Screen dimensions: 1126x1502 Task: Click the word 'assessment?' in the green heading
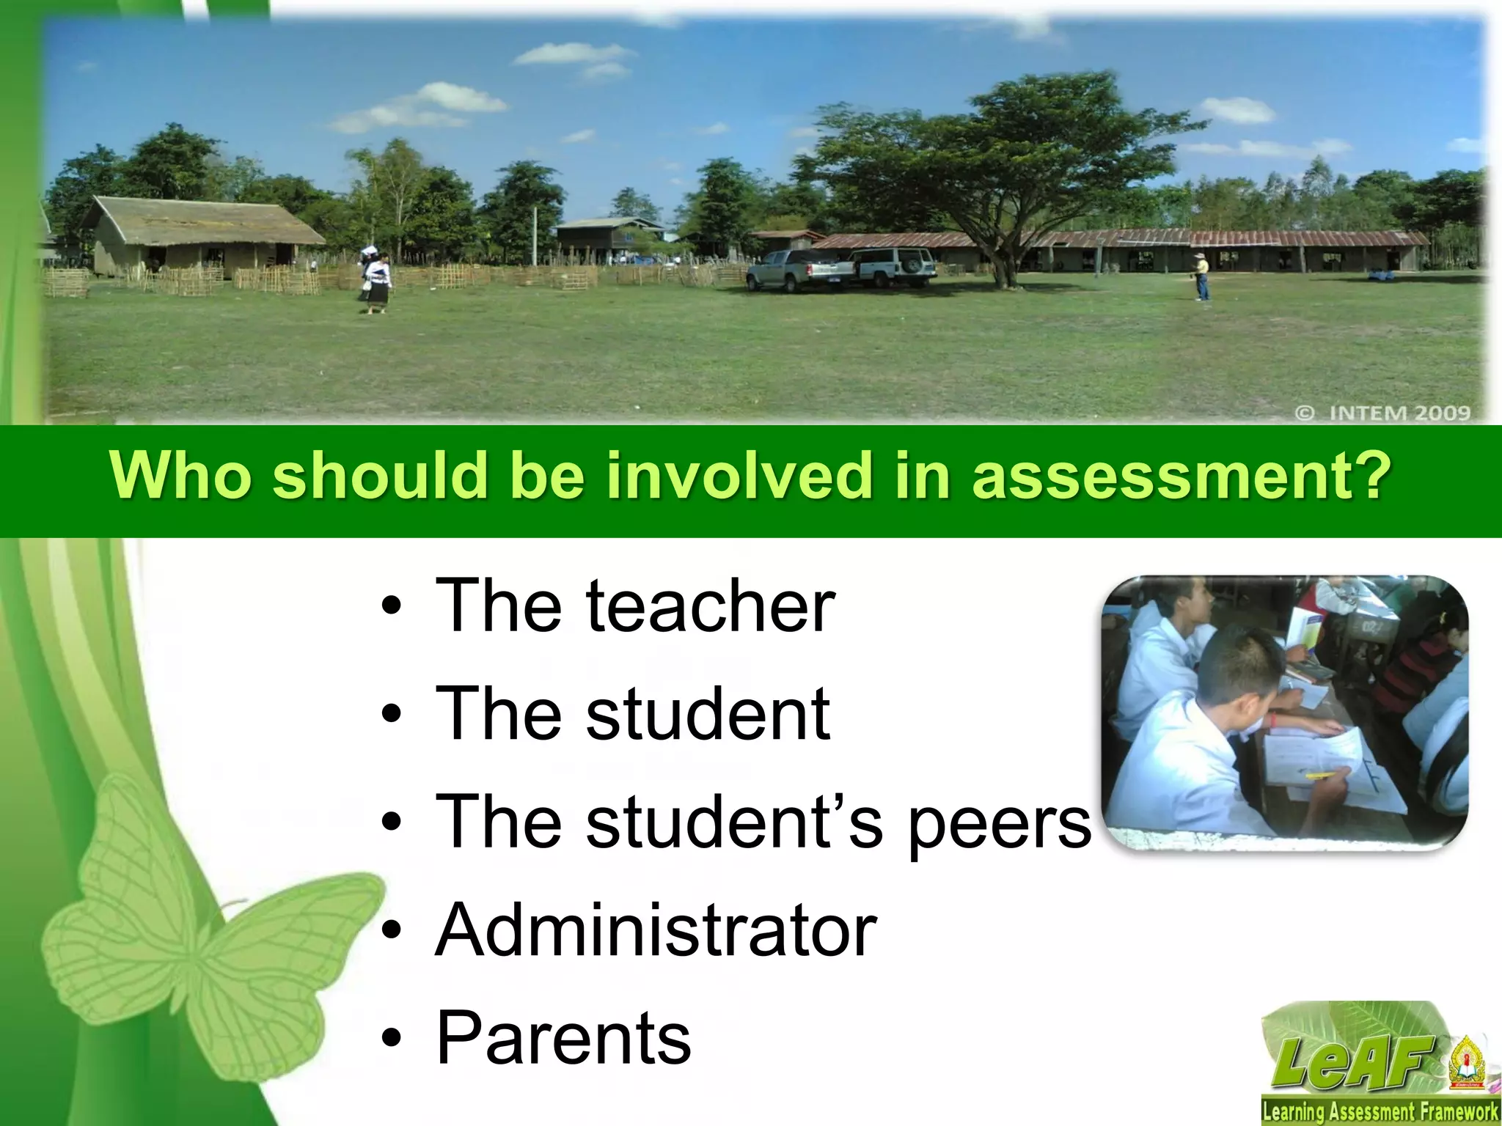1181,476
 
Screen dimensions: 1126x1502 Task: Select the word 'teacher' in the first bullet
710,607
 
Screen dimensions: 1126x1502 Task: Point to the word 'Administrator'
656,930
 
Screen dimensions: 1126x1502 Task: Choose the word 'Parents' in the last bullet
563,1038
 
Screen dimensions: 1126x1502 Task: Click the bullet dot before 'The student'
394,715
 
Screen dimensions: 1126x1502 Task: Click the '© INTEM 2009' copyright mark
1382,413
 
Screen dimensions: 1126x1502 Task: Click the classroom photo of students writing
1285,713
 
